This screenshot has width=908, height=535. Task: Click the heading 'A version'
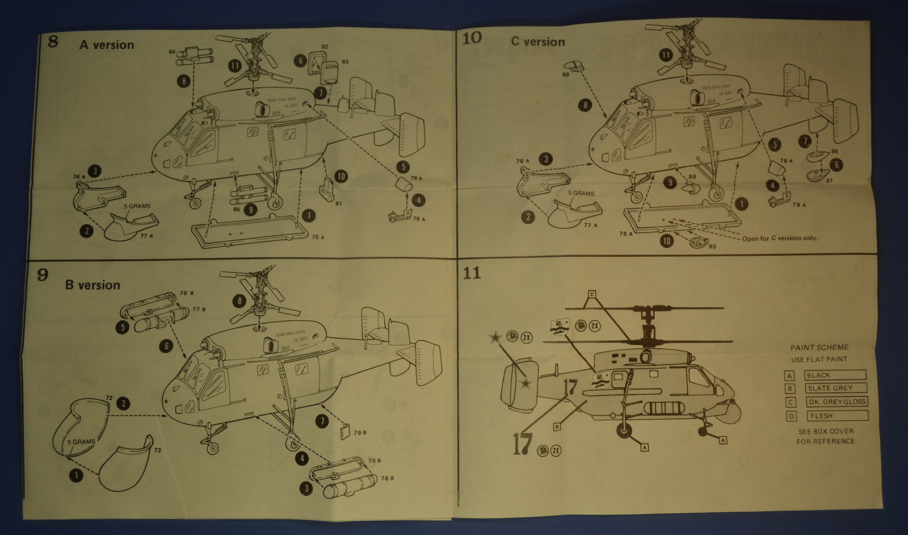107,45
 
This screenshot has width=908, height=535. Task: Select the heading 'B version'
93,285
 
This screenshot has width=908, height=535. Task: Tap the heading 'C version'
537,42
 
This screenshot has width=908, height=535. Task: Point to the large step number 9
43,275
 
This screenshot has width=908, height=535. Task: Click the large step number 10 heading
472,39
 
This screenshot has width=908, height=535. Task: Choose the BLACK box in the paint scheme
835,375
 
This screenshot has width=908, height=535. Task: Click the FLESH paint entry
837,416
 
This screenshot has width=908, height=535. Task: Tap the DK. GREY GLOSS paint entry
836,402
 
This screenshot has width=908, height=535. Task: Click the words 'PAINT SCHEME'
819,348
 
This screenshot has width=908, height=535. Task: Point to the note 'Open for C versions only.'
780,239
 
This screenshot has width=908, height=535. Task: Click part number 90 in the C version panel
712,246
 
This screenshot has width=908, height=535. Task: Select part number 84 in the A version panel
172,52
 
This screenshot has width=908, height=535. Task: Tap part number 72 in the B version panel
109,398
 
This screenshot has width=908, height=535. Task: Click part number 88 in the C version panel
565,74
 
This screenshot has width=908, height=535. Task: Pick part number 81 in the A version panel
338,203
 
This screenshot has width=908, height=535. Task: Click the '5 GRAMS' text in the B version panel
81,442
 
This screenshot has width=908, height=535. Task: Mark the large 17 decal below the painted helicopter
522,444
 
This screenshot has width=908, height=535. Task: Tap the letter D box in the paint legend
791,416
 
